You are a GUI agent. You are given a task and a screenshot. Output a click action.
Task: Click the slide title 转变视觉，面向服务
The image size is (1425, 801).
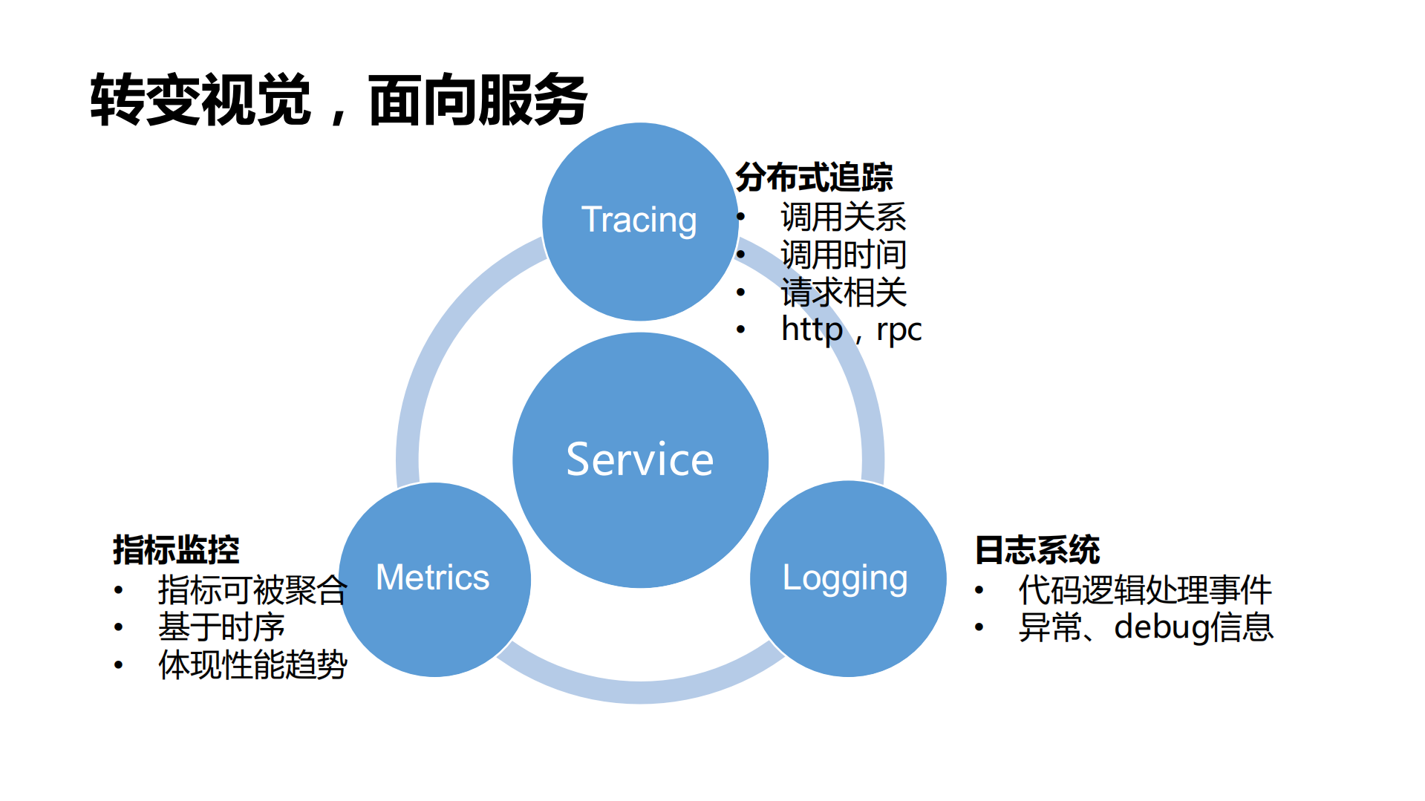coord(339,99)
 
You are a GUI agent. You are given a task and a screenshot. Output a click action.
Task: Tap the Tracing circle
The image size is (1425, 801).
coord(639,220)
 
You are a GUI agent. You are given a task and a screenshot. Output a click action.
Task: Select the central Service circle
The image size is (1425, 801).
coord(640,460)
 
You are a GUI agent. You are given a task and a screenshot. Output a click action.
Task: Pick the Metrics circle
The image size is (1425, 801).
coord(434,578)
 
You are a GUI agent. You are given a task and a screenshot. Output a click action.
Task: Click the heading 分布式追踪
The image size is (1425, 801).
coord(814,177)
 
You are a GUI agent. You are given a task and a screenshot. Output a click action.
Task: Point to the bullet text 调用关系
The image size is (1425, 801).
coord(844,217)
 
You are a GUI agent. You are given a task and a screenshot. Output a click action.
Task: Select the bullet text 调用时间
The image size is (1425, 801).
coord(844,255)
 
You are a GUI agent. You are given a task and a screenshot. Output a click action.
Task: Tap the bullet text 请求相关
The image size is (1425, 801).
coord(844,292)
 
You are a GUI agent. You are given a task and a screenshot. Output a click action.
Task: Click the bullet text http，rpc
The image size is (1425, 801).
coord(851,329)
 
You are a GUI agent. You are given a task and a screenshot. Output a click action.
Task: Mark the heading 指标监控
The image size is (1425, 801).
coord(176,550)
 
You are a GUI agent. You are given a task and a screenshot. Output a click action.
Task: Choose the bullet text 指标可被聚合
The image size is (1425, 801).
coord(252,590)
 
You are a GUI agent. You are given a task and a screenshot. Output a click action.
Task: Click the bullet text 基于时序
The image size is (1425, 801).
coord(221,627)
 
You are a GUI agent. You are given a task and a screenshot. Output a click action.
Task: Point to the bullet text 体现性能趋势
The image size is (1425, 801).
coord(252,664)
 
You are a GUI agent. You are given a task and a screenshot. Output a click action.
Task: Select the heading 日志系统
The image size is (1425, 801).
coord(1037,550)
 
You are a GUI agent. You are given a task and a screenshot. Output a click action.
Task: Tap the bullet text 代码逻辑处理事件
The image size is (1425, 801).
coord(1145,590)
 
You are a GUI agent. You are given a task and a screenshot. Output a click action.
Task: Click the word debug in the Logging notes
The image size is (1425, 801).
coord(1161,627)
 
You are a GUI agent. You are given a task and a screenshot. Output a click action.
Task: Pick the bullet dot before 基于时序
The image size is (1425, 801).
coord(119,627)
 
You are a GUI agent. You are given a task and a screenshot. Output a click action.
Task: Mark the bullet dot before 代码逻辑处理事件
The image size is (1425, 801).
coord(979,590)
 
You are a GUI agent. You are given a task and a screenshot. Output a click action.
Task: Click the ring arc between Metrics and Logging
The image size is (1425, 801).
coord(640,691)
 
